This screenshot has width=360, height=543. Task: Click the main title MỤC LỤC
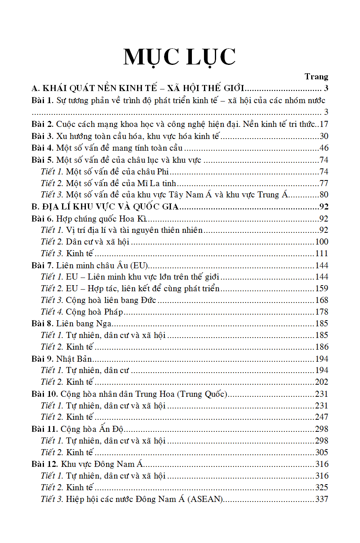pyautogui.click(x=179, y=57)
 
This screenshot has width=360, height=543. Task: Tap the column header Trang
pyautogui.click(x=316, y=77)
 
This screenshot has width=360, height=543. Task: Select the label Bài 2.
pyautogui.click(x=42, y=124)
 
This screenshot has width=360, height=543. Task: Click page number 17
pyautogui.click(x=324, y=124)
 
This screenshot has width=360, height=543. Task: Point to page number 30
pyautogui.click(x=324, y=136)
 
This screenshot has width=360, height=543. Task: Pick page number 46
pyautogui.click(x=324, y=148)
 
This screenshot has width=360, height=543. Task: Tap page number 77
pyautogui.click(x=324, y=183)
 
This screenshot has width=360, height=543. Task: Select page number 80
pyautogui.click(x=324, y=195)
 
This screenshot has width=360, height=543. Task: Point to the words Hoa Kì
pyautogui.click(x=137, y=219)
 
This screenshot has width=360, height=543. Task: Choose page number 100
pyautogui.click(x=322, y=242)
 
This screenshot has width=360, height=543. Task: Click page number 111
pyautogui.click(x=322, y=253)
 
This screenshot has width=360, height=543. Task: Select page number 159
pyautogui.click(x=322, y=288)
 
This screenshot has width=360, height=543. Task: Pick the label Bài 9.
pyautogui.click(x=42, y=359)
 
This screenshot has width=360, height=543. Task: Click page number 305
pyautogui.click(x=322, y=452)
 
